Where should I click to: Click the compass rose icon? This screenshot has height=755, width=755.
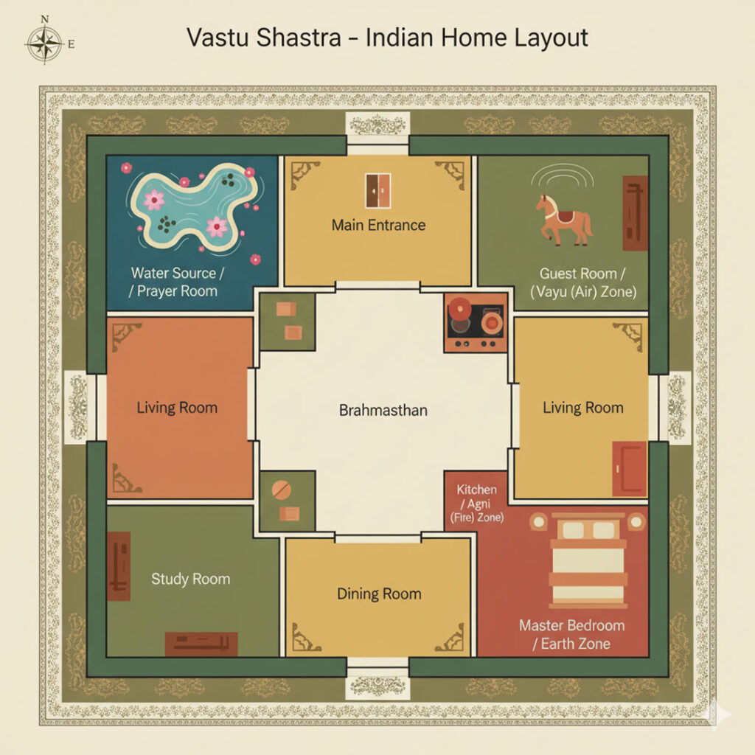pos(44,44)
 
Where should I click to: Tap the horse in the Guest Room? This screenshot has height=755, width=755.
pos(564,220)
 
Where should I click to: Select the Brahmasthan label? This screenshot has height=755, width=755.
pos(383,410)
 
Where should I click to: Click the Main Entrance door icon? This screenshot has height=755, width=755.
pos(378,191)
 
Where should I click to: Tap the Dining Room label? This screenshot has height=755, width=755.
pos(380,594)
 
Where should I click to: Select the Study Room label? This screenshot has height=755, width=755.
pos(191,579)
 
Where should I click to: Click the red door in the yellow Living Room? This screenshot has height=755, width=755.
pos(630,468)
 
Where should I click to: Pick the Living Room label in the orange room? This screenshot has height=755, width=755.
pos(177,408)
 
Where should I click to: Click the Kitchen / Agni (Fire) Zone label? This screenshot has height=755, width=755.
pos(477,504)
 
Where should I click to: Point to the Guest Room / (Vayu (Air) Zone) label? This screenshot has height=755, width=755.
pos(583,282)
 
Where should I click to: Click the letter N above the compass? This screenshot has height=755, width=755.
pos(45,19)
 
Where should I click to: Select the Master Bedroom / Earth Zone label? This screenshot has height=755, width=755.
pos(572,635)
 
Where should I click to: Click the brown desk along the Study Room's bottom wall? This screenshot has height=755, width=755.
pos(201,644)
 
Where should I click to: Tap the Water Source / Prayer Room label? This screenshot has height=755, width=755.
pos(176,282)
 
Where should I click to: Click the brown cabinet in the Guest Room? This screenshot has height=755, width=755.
pos(635,213)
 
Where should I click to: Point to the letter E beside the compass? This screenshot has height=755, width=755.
pos(72,44)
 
